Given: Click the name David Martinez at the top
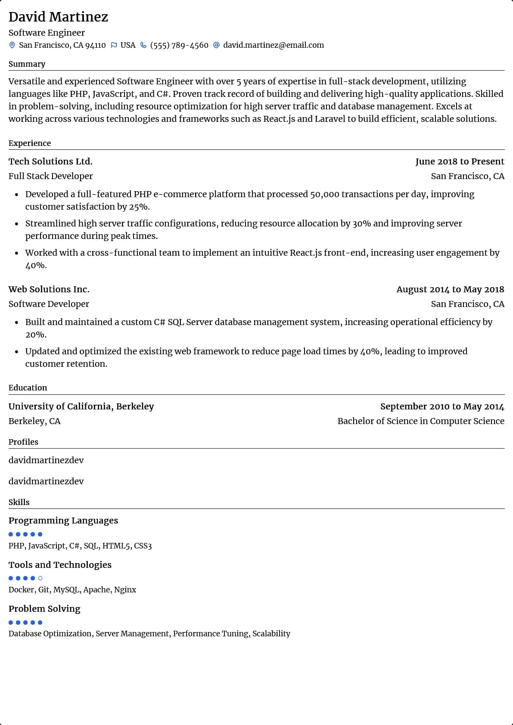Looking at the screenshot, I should [x=58, y=17].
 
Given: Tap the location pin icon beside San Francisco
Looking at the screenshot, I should [x=12, y=45].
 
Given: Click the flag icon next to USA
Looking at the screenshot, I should [x=114, y=45].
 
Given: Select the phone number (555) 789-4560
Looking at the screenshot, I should [x=179, y=45].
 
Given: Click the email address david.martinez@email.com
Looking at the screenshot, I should [x=274, y=45].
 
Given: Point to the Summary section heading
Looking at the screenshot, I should [x=27, y=64].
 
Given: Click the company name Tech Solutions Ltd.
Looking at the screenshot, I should [x=50, y=161].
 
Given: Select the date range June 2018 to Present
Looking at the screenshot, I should [x=460, y=161].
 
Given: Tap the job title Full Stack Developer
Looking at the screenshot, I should [x=50, y=176].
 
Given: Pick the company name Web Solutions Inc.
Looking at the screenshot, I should [x=49, y=289].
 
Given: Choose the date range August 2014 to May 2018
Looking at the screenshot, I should [x=450, y=289].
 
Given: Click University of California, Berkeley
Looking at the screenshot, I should [x=81, y=406].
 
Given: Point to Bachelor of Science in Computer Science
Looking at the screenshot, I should [x=421, y=421].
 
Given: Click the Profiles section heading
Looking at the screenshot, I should [x=23, y=442].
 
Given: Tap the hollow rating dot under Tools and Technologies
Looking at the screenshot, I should [x=40, y=578].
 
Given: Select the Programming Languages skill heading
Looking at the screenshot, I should [x=63, y=521].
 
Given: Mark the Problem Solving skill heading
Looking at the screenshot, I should [x=44, y=609].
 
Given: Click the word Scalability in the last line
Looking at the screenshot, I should [x=271, y=634].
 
